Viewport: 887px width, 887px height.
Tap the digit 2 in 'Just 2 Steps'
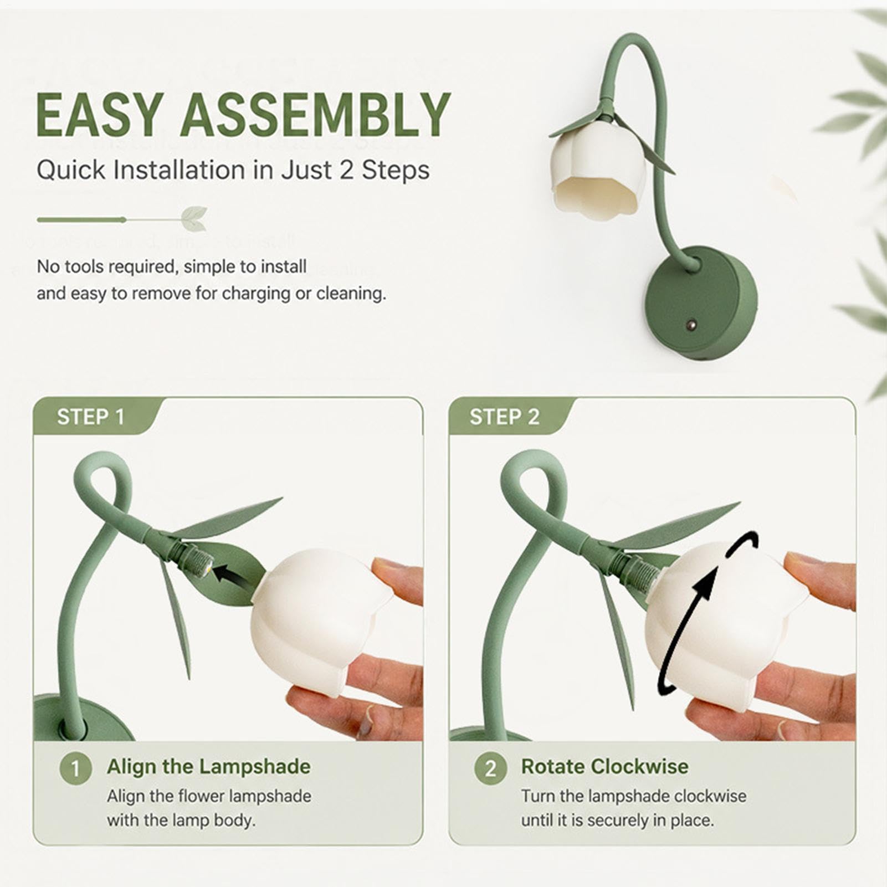(346, 170)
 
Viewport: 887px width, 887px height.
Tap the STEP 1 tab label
(91, 417)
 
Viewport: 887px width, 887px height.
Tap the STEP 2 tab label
(504, 417)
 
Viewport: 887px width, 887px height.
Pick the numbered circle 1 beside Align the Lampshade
(75, 768)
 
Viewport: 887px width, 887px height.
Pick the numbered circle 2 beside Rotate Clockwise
(491, 768)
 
